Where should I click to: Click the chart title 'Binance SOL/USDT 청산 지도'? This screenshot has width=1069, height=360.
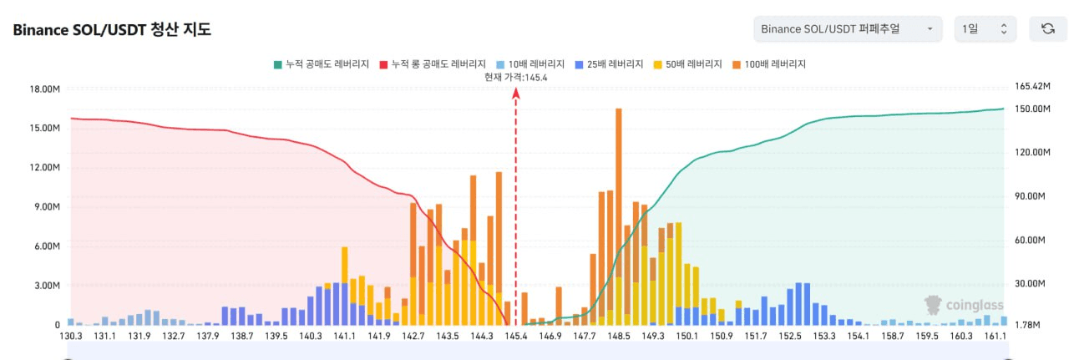pyautogui.click(x=112, y=30)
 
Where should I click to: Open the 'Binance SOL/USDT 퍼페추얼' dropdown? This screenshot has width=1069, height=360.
pyautogui.click(x=847, y=29)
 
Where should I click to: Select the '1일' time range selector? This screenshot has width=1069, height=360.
pyautogui.click(x=985, y=29)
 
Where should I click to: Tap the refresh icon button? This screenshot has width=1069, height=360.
pyautogui.click(x=1047, y=29)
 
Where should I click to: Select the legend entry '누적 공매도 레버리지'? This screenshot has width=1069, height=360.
pyautogui.click(x=321, y=63)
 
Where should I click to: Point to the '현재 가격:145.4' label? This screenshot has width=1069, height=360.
pyautogui.click(x=515, y=77)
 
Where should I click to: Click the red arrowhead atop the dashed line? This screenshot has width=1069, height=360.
pyautogui.click(x=515, y=93)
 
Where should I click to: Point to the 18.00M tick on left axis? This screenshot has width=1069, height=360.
pyautogui.click(x=44, y=89)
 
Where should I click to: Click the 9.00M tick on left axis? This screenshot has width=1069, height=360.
pyautogui.click(x=47, y=207)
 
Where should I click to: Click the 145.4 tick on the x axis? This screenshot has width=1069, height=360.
pyautogui.click(x=515, y=336)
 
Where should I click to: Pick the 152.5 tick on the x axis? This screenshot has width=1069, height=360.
pyautogui.click(x=790, y=336)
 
